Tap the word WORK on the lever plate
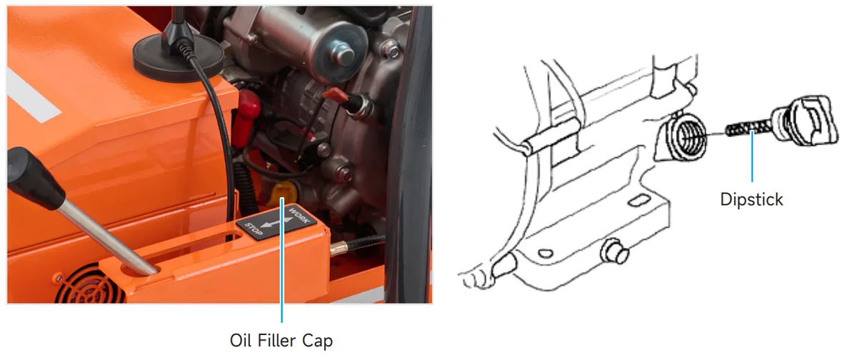pos(299,215)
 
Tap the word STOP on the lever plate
pos(254,229)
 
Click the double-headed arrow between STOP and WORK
pos(276,222)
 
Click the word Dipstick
pos(751,199)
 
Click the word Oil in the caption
pos(241,340)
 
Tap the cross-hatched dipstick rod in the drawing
pos(748,128)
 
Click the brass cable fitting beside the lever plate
pos(339,249)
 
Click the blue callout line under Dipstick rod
pos(752,156)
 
